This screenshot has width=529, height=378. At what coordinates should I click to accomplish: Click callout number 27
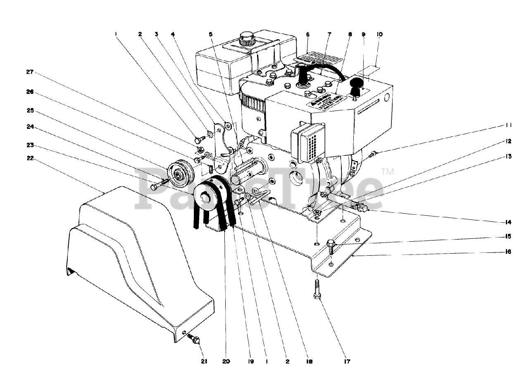[29, 71]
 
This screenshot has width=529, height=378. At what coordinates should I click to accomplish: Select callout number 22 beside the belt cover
[29, 158]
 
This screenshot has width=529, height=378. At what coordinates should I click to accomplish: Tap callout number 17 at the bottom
[346, 361]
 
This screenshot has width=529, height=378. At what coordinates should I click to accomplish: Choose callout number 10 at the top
[379, 35]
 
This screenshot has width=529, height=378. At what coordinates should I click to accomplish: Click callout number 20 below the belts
[226, 361]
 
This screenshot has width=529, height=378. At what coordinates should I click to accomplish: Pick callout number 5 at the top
[211, 35]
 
